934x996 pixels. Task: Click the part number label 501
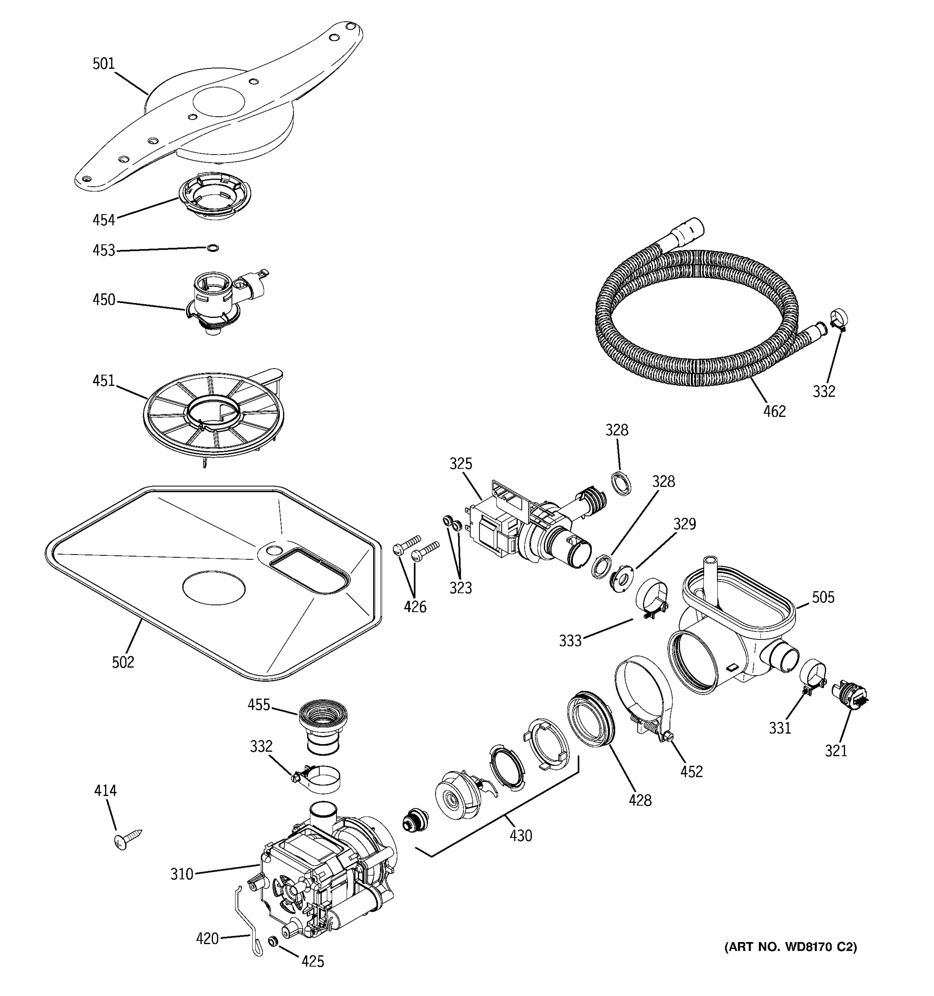point(103,63)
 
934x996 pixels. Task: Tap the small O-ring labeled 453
point(213,248)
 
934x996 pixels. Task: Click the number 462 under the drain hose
point(774,411)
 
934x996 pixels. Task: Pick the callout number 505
point(823,597)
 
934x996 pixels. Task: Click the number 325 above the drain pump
point(460,464)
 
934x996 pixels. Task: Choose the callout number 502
point(123,662)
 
